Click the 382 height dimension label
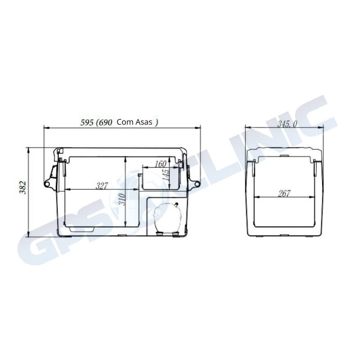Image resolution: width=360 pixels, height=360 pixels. pyautogui.click(x=22, y=188)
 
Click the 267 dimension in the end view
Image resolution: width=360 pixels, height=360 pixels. pyautogui.click(x=284, y=193)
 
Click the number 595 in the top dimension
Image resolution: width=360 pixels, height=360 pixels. pyautogui.click(x=86, y=122)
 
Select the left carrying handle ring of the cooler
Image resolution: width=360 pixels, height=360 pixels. pyautogui.click(x=46, y=184)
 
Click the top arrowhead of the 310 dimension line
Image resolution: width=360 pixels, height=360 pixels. pyautogui.click(x=125, y=158)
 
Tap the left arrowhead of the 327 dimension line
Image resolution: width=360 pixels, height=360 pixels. pyautogui.click(x=67, y=189)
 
